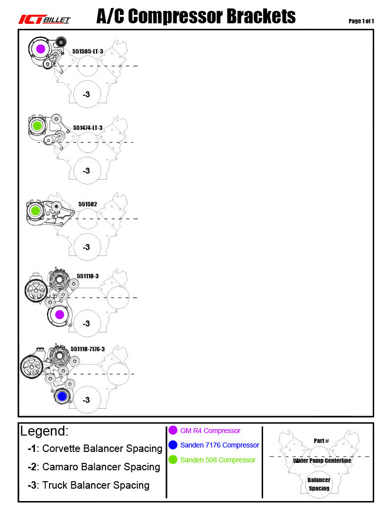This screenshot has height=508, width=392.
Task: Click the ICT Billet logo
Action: click(44, 19)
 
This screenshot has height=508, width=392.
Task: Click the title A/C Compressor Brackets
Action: click(196, 17)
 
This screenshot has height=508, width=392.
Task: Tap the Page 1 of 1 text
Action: click(361, 21)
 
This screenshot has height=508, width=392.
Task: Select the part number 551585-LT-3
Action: click(88, 51)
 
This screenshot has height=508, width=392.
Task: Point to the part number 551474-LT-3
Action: click(88, 127)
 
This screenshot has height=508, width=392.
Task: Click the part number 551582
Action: click(88, 204)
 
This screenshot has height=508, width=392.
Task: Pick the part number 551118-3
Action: click(88, 276)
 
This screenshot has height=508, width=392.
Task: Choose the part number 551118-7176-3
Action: click(88, 349)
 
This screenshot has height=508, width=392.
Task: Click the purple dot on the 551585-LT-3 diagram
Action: click(41, 49)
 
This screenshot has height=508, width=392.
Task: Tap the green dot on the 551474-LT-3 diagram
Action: click(37, 126)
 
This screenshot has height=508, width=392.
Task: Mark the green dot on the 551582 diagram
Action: click(36, 211)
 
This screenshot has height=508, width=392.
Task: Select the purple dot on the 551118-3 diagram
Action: click(59, 315)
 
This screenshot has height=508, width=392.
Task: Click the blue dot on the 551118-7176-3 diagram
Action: click(61, 396)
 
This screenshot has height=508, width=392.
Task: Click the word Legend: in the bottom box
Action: click(45, 431)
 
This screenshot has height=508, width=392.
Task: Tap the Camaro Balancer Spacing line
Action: click(94, 467)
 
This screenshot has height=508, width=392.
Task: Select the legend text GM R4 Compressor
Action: click(210, 431)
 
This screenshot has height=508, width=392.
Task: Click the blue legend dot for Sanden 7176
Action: click(173, 445)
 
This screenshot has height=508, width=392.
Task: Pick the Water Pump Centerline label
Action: click(322, 461)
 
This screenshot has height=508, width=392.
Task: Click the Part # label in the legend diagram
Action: click(321, 441)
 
